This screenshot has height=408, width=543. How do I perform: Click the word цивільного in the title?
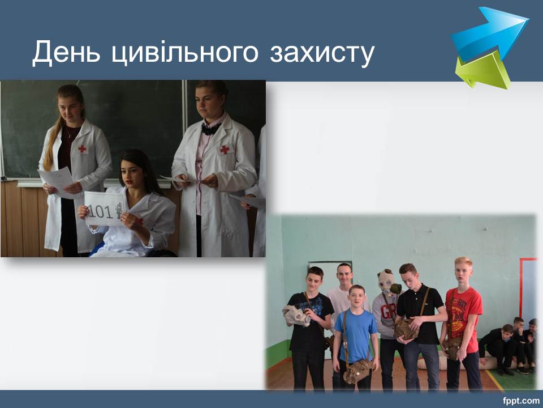185,53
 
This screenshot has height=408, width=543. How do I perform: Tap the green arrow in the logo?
483,71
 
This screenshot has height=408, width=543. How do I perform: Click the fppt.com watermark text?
521,401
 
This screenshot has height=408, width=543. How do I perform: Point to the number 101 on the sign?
100,211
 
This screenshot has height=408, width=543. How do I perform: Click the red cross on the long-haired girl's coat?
82,149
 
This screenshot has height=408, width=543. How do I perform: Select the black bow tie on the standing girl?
210,129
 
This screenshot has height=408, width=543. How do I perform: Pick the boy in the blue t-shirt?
356,336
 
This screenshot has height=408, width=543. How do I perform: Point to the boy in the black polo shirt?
420,327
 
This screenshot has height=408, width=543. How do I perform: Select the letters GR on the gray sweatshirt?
388,312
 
